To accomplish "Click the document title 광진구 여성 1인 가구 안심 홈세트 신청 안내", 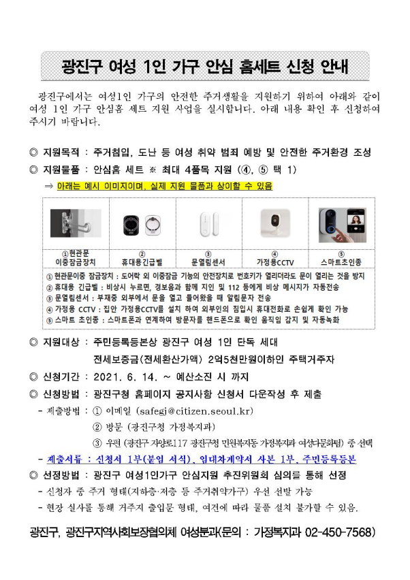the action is (x=204, y=67).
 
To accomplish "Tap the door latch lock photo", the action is (x=76, y=223).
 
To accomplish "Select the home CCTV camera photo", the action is (x=275, y=223).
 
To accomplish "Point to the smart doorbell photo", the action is (x=343, y=225).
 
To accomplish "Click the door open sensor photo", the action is (x=208, y=224).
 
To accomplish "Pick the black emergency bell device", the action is (x=131, y=225).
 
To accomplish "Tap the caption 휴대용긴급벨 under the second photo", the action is (x=142, y=262).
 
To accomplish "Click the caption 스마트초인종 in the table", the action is (x=341, y=262).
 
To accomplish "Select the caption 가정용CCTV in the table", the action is (x=275, y=262).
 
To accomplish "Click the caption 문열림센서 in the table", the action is (x=208, y=262).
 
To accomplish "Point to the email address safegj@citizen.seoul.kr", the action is (x=194, y=411).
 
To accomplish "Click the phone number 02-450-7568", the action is (x=338, y=532).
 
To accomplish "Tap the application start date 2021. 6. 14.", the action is (x=125, y=377).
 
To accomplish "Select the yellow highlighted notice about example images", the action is (x=165, y=186).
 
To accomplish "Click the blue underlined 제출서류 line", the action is (x=202, y=459).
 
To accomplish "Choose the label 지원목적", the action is (x=61, y=152).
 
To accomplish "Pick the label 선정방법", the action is (x=61, y=475).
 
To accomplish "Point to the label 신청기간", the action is (x=61, y=377).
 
